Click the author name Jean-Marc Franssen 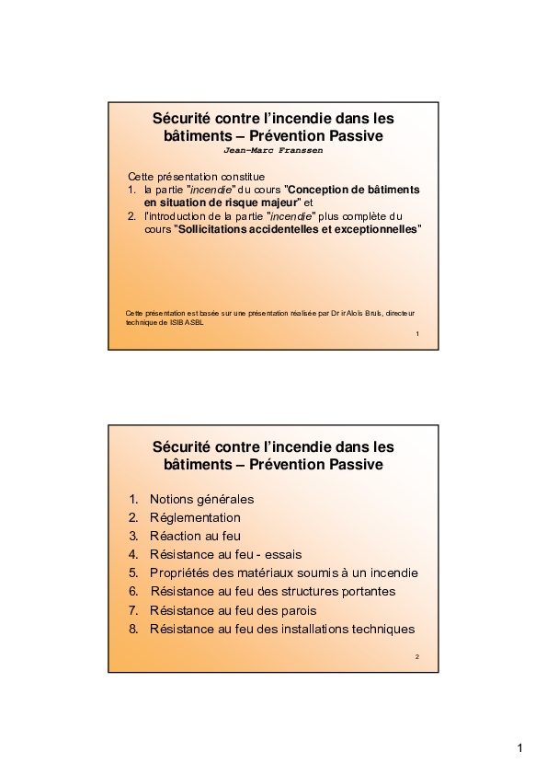[x=273, y=150]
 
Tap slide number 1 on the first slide [x=416, y=333]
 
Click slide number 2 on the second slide [x=416, y=656]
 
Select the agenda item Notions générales [x=201, y=499]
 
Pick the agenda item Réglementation [x=195, y=517]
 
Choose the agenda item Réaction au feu [x=195, y=536]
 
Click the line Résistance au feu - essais [x=225, y=554]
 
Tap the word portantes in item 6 [x=366, y=591]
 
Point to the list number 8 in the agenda [x=132, y=629]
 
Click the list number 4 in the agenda [x=132, y=554]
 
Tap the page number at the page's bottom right [x=520, y=747]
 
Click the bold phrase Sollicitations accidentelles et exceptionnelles [x=300, y=228]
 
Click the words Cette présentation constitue [x=196, y=176]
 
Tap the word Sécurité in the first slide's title [x=184, y=118]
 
